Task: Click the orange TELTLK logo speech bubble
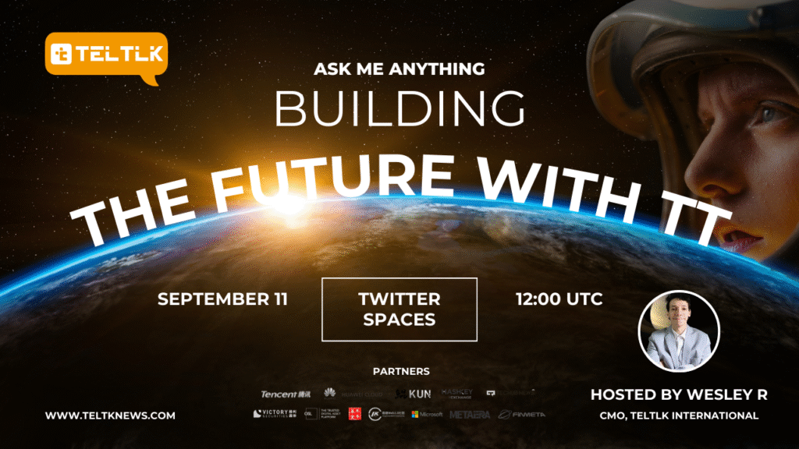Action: [106, 55]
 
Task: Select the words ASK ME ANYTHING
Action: [399, 69]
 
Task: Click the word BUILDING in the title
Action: [399, 109]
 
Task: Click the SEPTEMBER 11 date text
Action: [222, 299]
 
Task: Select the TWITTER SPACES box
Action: [399, 309]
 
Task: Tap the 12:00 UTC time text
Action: [559, 299]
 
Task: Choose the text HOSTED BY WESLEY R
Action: [679, 395]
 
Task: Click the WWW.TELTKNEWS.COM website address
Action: [109, 416]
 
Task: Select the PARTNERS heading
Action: [399, 371]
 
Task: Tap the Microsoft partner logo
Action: [427, 414]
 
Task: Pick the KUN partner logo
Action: [413, 394]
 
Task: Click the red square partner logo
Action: [355, 413]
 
